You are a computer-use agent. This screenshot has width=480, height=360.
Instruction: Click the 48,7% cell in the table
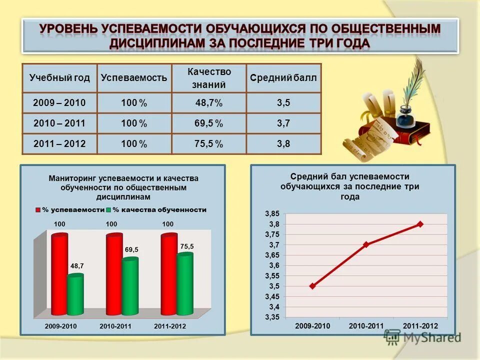tap(209, 103)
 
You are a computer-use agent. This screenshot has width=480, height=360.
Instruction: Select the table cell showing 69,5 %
tap(209, 123)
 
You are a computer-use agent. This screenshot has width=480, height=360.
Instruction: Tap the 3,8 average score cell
tap(283, 144)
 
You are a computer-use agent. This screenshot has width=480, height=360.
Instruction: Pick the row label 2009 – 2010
tap(59, 103)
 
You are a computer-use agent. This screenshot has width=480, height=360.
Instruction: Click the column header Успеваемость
tap(134, 78)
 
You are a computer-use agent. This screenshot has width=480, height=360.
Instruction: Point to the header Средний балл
tap(283, 78)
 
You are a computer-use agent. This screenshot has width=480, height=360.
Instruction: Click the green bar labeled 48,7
tap(75, 295)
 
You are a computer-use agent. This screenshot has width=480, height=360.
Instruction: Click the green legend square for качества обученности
tap(108, 210)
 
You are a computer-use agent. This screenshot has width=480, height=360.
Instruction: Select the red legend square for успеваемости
tap(38, 210)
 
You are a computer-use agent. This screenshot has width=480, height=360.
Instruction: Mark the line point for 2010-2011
tap(366, 244)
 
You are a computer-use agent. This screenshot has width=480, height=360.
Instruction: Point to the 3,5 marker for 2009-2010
tap(312, 286)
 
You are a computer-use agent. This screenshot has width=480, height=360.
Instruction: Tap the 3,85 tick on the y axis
tap(272, 214)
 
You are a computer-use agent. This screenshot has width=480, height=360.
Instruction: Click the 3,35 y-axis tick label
tap(272, 317)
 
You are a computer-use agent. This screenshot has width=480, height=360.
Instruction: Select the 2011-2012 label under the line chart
tap(420, 326)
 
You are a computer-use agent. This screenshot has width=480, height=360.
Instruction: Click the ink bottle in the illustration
tap(406, 118)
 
